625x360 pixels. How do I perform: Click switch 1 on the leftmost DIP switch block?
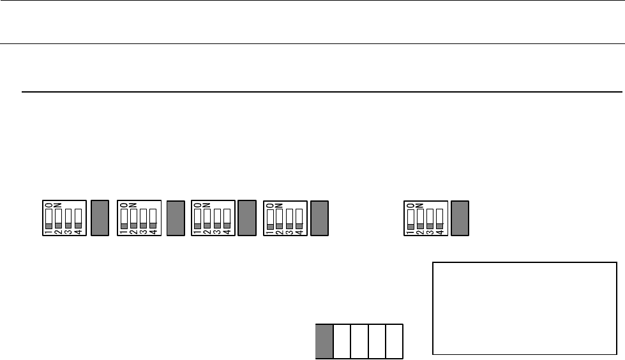tap(49, 218)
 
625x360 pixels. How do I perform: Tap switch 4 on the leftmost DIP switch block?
tap(78, 218)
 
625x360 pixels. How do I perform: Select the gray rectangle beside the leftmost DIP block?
tap(100, 218)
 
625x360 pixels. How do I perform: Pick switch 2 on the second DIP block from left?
tap(133, 218)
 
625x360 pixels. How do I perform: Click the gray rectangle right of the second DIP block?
tap(175, 218)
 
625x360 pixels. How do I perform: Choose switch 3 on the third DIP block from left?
tap(216, 218)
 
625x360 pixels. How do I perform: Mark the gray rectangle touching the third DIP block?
tap(246, 218)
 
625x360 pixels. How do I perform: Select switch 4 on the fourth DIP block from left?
tap(299, 218)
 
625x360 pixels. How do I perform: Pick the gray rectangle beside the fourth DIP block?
tap(319, 218)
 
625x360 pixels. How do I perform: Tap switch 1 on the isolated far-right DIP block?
tap(410, 218)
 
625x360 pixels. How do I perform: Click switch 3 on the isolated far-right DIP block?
tap(430, 218)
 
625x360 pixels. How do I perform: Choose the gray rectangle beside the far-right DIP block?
tap(460, 218)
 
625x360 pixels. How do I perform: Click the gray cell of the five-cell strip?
tap(324, 341)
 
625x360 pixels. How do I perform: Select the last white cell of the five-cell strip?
tap(394, 341)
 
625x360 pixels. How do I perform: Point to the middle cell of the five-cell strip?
tap(359, 341)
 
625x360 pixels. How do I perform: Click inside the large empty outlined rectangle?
tap(525, 307)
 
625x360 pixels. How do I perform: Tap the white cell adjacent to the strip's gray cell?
tap(342, 341)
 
